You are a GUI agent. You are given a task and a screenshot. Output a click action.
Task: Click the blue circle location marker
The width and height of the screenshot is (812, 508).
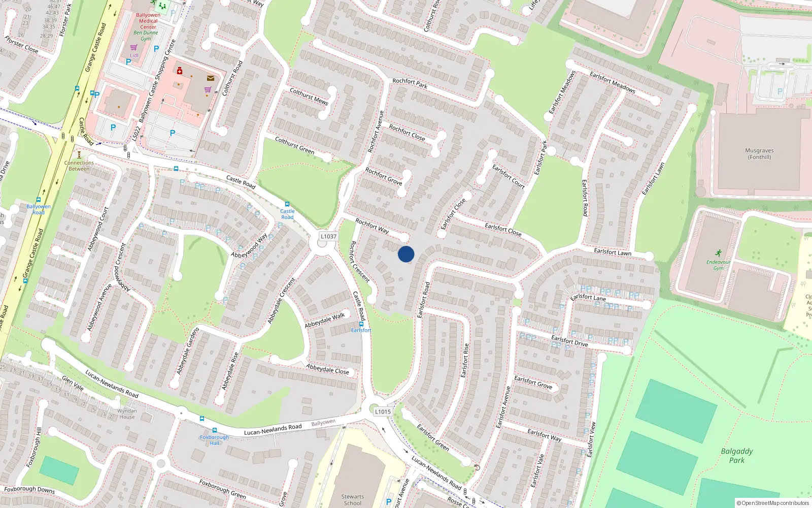[406, 254]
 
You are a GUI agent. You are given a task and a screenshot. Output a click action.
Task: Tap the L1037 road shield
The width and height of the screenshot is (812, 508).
[328, 236]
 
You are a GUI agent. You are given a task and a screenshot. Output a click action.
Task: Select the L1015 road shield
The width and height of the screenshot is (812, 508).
[383, 411]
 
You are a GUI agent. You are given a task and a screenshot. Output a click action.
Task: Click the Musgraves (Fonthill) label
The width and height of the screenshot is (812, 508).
[759, 154]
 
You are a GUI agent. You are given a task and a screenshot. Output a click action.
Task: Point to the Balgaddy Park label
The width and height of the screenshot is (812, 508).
[737, 455]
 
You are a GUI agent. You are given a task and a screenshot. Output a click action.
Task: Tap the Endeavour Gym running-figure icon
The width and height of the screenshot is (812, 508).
[718, 253]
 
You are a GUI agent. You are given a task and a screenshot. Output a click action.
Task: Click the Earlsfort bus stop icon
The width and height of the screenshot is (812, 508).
[361, 324]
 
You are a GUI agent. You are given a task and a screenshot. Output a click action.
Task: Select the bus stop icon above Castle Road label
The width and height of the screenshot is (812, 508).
[287, 204]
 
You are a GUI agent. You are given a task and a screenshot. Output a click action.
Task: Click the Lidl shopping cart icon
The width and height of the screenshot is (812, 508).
[134, 48]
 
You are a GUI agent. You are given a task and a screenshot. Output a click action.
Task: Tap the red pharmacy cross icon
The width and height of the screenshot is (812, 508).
[180, 71]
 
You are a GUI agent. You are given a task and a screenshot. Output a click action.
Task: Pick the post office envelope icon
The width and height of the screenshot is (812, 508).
[210, 78]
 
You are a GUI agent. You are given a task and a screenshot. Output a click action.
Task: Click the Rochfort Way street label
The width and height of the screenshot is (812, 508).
[372, 226]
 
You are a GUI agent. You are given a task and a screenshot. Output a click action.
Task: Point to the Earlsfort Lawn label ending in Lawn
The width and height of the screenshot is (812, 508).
[613, 252]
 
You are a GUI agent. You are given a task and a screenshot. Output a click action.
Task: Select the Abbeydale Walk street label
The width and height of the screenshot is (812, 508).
[325, 321]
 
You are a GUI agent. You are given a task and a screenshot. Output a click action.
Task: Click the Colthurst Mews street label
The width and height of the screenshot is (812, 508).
[309, 97]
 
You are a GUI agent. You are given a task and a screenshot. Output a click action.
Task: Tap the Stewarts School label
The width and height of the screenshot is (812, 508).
[352, 500]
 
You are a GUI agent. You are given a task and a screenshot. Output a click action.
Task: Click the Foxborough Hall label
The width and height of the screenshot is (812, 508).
[214, 440]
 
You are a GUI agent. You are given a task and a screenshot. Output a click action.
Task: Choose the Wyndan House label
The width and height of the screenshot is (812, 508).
[127, 414]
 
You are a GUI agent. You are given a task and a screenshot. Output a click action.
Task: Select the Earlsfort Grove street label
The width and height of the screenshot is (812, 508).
[533, 382]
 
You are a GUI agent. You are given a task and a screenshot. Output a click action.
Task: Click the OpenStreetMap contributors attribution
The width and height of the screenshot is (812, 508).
[772, 503]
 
